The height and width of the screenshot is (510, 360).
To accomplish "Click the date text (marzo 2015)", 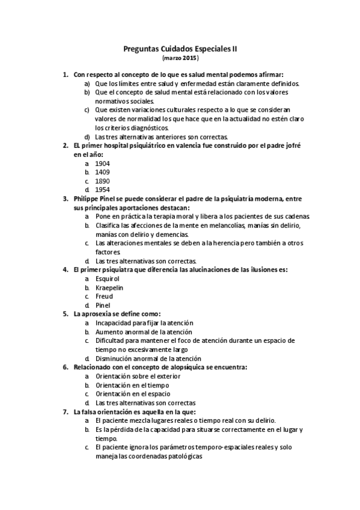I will point(180,60).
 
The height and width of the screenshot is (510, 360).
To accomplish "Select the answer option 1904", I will point(102,163).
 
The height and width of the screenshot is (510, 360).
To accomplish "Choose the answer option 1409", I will point(102,171).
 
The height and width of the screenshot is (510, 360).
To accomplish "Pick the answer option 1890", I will point(102,180).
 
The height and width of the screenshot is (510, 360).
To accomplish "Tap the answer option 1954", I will point(102,189).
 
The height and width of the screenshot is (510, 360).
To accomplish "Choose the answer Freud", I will point(104,296).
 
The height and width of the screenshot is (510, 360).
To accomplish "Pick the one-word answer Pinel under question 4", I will point(103,305).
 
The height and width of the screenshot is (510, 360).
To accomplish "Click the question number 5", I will point(65,314).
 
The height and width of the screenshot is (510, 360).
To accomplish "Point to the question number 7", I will point(65,412).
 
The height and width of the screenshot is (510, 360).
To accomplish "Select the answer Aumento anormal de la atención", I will point(144,332).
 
